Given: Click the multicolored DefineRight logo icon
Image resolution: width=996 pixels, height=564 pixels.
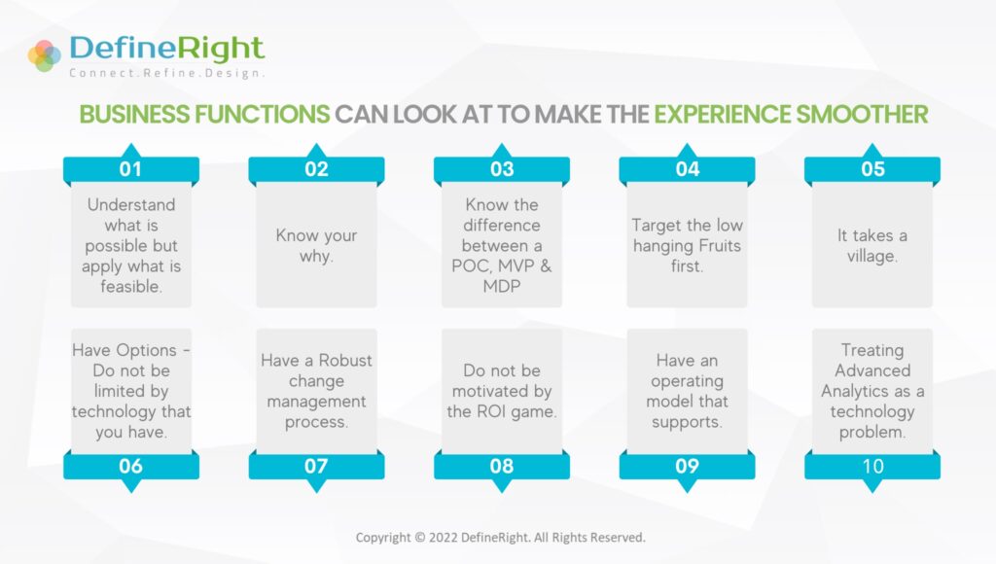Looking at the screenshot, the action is tap(45, 55).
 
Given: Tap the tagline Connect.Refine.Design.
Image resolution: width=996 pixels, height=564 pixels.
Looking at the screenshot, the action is tap(167, 73).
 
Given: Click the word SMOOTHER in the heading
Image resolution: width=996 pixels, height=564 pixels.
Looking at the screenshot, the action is tap(862, 115).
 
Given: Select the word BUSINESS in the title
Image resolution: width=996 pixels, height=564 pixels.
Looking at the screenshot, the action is tap(134, 115).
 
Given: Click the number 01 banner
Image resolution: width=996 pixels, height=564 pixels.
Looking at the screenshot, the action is tap(131, 165).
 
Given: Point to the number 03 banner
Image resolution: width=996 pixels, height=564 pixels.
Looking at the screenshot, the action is tap(502, 165).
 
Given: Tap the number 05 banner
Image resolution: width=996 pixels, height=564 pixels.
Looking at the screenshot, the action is tap(872, 165).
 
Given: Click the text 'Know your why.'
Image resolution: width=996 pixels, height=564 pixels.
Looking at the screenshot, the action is tap(316, 245).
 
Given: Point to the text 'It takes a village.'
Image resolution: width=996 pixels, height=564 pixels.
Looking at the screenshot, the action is tap(872, 245).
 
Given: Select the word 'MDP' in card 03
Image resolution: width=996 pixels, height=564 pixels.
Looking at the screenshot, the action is tap(502, 287).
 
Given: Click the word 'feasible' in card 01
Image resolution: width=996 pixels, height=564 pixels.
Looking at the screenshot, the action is tap(129, 287).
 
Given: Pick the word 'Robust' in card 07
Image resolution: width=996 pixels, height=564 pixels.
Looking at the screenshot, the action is tap(345, 360).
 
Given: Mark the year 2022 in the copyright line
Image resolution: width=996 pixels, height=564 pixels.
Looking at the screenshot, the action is tap(443, 538).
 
